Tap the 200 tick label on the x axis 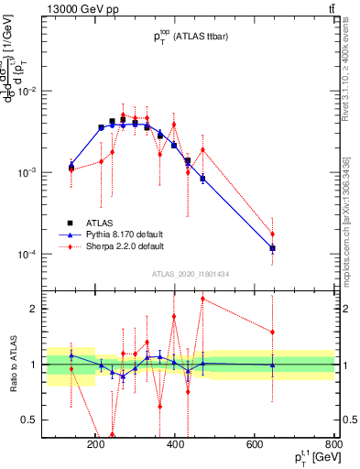(96, 446)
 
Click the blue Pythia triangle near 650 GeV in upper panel (273, 248)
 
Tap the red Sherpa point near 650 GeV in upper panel (273, 234)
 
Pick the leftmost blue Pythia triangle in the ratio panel (71, 355)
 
